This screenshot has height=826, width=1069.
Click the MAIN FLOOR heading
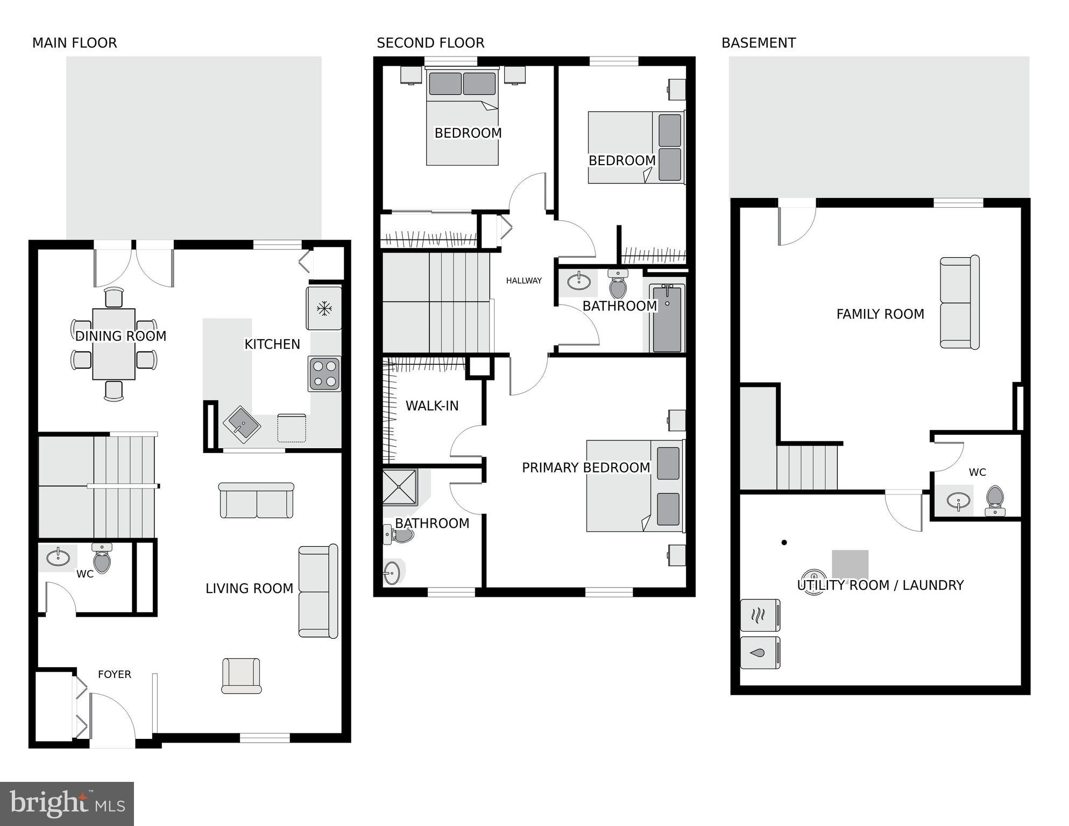point(74,43)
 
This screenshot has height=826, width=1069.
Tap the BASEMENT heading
point(758,43)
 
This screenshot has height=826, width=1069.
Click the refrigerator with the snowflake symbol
point(324,308)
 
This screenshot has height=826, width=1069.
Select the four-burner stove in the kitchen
point(324,373)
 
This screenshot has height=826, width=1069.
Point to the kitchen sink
point(242,425)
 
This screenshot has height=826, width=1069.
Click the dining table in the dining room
point(114,344)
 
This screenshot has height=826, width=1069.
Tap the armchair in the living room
point(241,675)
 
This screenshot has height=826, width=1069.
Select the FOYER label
point(114,674)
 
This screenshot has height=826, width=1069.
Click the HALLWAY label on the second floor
point(523,280)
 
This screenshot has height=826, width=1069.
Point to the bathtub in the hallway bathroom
point(667,319)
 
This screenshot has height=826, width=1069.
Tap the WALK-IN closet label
point(431,406)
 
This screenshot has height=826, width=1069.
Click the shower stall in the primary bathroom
point(400,487)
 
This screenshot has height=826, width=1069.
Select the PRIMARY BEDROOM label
point(586,468)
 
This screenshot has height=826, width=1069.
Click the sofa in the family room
point(959,302)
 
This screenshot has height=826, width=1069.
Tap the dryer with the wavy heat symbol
point(760,615)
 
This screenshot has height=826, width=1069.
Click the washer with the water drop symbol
point(760,653)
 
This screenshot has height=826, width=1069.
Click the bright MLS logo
point(67,803)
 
